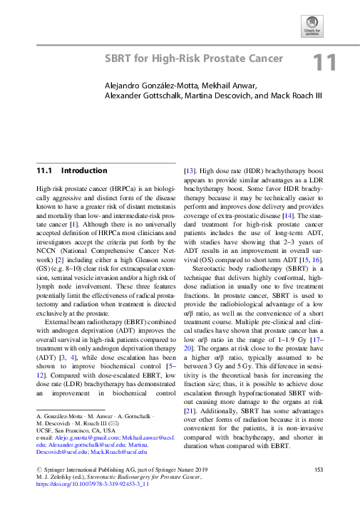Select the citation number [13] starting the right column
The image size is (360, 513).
190,171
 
